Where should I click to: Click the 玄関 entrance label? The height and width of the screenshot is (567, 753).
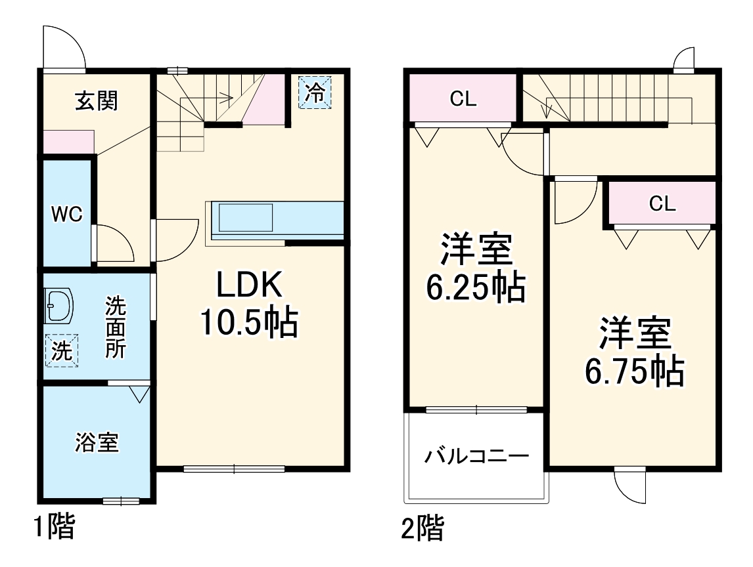click(96, 101)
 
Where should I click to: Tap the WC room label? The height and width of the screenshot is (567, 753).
click(67, 214)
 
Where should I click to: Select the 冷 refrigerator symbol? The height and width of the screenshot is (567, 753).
click(315, 93)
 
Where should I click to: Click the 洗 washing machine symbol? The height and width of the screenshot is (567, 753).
click(61, 350)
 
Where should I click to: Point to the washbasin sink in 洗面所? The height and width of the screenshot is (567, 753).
click(58, 306)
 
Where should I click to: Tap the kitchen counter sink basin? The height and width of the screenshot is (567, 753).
click(245, 217)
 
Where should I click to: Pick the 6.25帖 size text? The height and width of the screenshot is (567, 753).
click(476, 287)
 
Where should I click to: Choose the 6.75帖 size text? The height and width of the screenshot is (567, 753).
click(634, 371)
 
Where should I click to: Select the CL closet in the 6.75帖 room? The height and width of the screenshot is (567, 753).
click(662, 203)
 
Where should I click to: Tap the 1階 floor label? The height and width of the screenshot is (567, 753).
click(54, 526)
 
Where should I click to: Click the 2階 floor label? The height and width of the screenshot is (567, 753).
click(422, 528)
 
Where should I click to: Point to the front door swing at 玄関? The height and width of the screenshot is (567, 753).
click(64, 47)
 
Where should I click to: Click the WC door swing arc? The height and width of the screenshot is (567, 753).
click(117, 243)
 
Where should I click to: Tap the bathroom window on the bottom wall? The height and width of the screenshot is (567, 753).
click(121, 501)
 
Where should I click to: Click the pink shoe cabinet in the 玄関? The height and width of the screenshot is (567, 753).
click(68, 142)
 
